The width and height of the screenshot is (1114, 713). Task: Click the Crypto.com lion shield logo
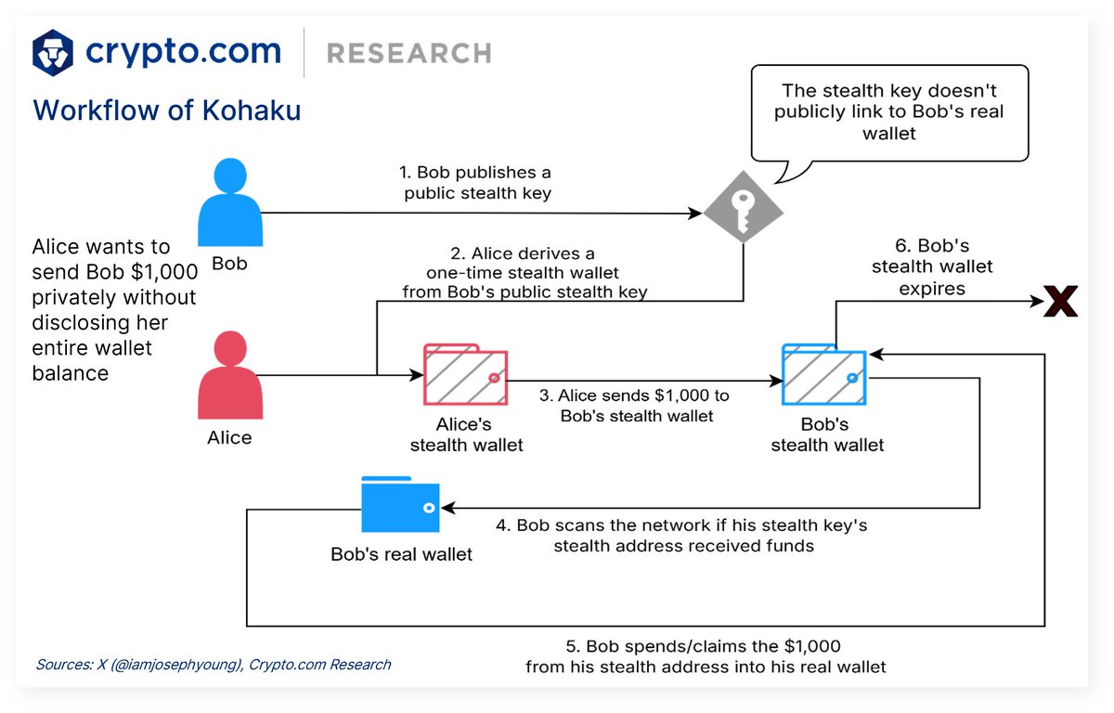[53, 52]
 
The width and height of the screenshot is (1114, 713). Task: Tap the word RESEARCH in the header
[408, 53]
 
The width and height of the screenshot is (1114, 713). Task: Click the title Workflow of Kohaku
[167, 110]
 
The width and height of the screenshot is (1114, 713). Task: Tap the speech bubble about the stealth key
[888, 112]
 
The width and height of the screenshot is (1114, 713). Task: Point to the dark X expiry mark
[1060, 303]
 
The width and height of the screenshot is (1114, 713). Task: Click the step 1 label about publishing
[475, 182]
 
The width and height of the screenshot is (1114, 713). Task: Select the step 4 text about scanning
[682, 536]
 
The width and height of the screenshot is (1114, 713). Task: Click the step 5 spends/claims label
[706, 655]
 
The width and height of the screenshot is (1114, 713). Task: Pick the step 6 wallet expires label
[930, 267]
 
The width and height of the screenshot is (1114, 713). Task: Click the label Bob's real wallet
[401, 555]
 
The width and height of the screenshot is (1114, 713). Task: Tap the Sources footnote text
[214, 665]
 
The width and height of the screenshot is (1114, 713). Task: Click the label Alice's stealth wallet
[466, 434]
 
